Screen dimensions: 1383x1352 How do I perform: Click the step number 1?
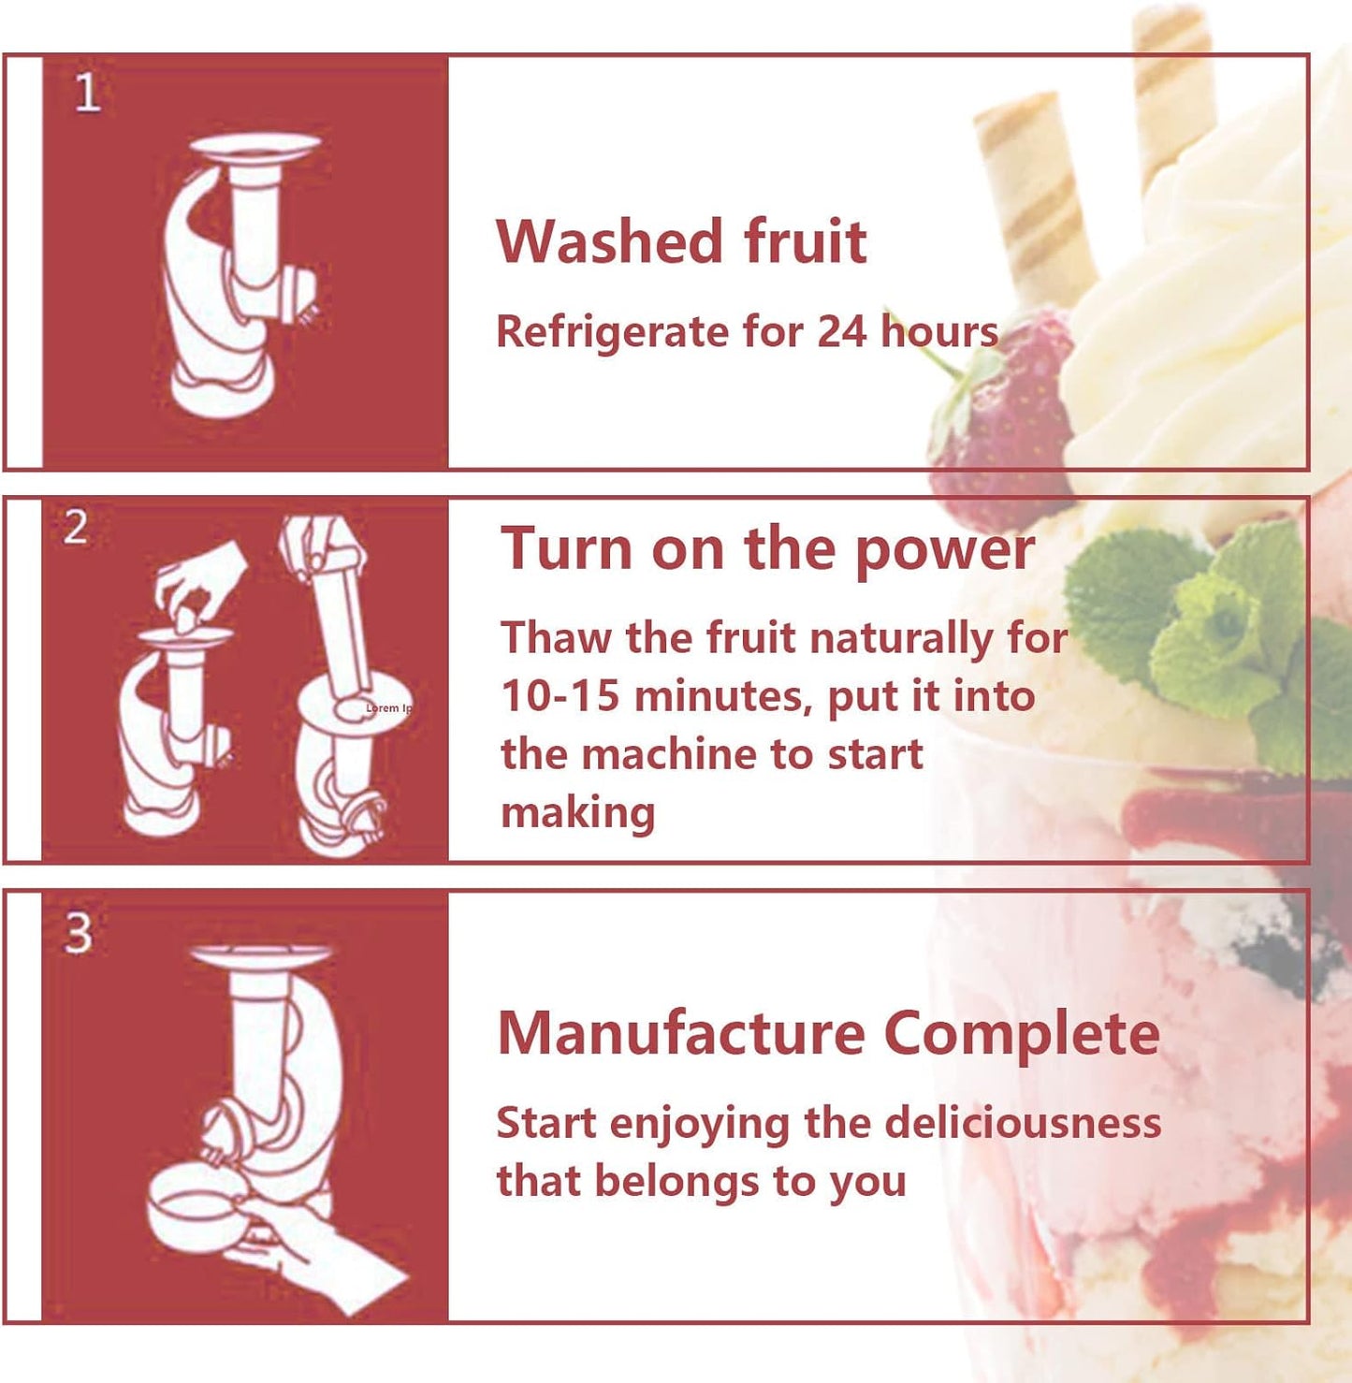(87, 94)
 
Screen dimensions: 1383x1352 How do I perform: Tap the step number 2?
(76, 528)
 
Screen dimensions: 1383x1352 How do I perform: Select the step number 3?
(78, 933)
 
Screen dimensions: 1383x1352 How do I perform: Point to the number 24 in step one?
(842, 331)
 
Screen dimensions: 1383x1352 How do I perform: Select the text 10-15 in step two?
(560, 696)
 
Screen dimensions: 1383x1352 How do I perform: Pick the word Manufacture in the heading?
(680, 1033)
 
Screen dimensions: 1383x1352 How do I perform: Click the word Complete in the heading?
(1021, 1033)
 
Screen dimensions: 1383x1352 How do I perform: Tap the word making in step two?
(577, 812)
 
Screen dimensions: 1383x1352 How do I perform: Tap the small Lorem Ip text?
(387, 708)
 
